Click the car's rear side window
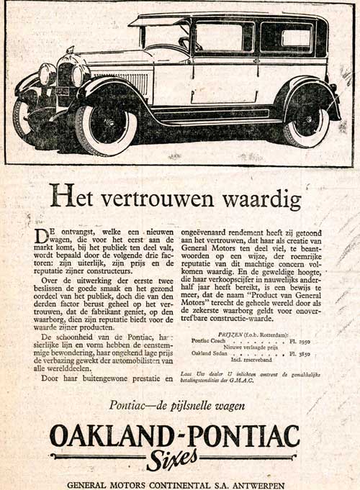point(286,39)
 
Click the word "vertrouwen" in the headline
point(162,196)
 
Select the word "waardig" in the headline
point(261,196)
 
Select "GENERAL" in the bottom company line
point(91,484)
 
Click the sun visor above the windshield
point(157,22)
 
